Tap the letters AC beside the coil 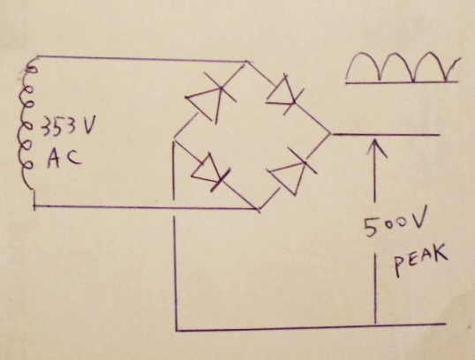point(64,158)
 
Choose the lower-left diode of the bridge point(210,172)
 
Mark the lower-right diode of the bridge point(292,171)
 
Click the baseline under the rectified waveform point(402,82)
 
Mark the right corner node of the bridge point(331,133)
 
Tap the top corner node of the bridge point(247,62)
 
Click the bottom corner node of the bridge point(258,209)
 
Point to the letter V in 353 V point(89,125)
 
